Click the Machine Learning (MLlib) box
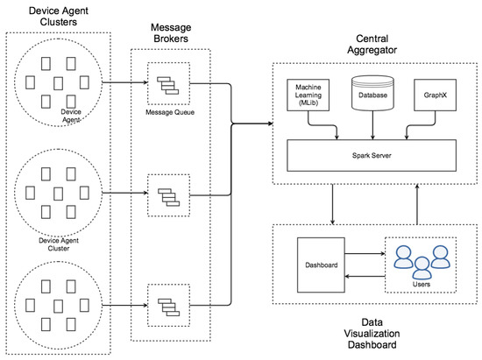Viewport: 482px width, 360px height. click(x=308, y=95)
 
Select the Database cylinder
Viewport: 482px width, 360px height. click(x=372, y=93)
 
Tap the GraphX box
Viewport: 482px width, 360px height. click(x=435, y=95)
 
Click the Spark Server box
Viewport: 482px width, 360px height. click(x=372, y=155)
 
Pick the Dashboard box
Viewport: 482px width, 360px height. click(x=321, y=265)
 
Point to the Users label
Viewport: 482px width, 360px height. click(x=422, y=284)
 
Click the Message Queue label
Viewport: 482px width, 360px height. click(x=170, y=112)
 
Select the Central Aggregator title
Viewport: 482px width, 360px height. click(x=372, y=44)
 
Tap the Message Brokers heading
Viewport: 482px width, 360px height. click(x=171, y=33)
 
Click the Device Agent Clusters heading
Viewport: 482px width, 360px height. click(x=59, y=17)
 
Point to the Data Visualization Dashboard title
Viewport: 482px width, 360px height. click(x=372, y=333)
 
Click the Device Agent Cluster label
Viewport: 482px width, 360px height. click(x=59, y=244)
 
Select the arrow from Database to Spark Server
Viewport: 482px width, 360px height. click(x=372, y=125)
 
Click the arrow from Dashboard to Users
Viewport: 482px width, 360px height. click(x=365, y=253)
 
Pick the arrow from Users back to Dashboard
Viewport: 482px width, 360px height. click(x=365, y=276)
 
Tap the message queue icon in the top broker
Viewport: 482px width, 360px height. click(x=168, y=85)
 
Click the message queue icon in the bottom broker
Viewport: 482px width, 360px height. click(x=169, y=307)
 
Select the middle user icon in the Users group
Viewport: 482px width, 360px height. click(x=422, y=268)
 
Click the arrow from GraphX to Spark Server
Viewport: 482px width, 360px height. click(x=422, y=125)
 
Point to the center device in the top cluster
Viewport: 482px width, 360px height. click(x=59, y=83)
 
